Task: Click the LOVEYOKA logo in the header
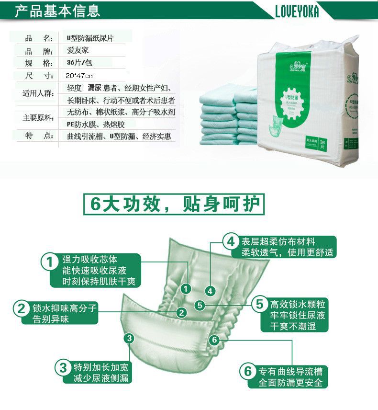(x=297, y=11)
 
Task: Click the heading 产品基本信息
(x=57, y=10)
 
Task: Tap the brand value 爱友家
(x=78, y=50)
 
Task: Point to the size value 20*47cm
(x=80, y=76)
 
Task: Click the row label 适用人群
(x=39, y=94)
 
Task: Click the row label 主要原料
(x=39, y=118)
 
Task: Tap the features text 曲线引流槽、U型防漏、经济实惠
(x=119, y=137)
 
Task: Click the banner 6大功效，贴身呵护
(x=173, y=204)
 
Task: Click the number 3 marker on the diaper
(x=128, y=339)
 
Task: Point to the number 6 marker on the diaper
(x=214, y=340)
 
